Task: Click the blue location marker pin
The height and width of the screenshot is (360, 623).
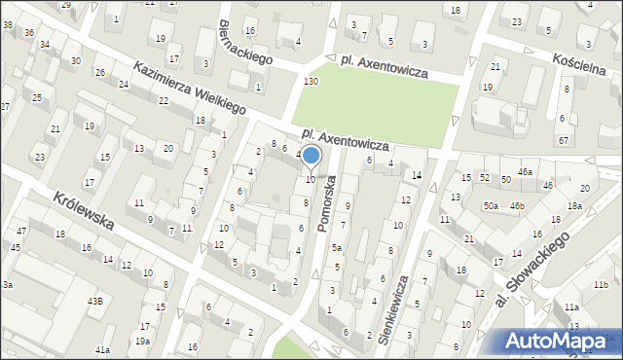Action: [x=311, y=157]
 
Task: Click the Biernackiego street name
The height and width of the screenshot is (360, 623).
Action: [x=245, y=43]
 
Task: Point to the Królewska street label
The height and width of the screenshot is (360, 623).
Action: [x=85, y=210]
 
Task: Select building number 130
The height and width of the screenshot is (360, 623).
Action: [x=311, y=80]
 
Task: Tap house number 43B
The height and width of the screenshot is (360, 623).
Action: [x=94, y=302]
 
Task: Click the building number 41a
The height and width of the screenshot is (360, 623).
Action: [x=102, y=348]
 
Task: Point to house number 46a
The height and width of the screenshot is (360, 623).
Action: [x=526, y=172]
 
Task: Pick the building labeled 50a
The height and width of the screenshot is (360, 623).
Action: [x=492, y=205]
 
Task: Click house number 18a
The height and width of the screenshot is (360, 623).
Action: [x=574, y=205]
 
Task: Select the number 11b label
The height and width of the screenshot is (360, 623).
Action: [x=600, y=284]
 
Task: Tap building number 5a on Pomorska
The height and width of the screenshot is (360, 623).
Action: [x=336, y=248]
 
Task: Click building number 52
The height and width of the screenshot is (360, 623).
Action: [x=484, y=178]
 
